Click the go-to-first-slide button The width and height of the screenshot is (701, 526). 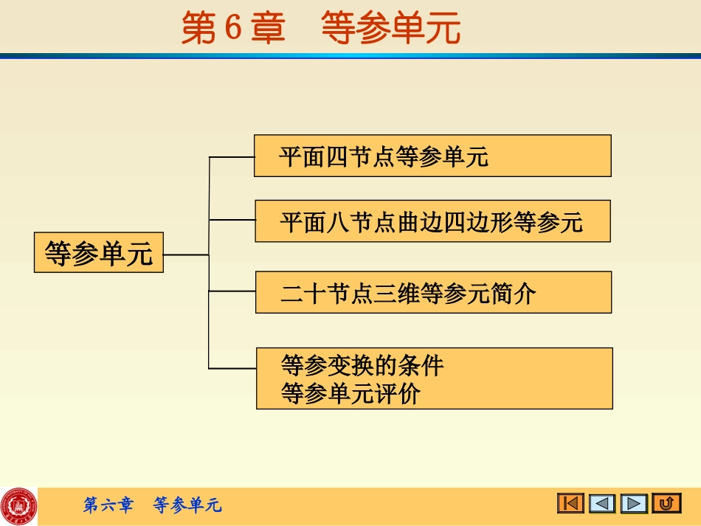point(570,503)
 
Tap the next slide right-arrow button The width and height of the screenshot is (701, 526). point(634,503)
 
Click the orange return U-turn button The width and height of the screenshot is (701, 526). point(666,503)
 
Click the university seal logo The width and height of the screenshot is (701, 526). point(18,506)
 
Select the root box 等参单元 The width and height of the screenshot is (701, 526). point(99,253)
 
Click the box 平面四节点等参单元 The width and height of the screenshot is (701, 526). point(432,156)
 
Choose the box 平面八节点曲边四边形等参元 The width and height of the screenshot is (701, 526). point(432,221)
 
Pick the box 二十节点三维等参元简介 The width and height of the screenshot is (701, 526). point(433,292)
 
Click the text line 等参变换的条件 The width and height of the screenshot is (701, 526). point(362,365)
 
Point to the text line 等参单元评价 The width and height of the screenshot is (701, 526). point(350,393)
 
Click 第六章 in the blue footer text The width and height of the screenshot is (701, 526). point(108,505)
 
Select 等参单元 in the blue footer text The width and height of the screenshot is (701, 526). point(187,505)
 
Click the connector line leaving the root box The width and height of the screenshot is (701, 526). point(186,255)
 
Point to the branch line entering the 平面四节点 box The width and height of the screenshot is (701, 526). point(232,156)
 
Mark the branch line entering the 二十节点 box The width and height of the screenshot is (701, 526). point(232,291)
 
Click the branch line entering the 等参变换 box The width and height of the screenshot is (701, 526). point(232,368)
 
